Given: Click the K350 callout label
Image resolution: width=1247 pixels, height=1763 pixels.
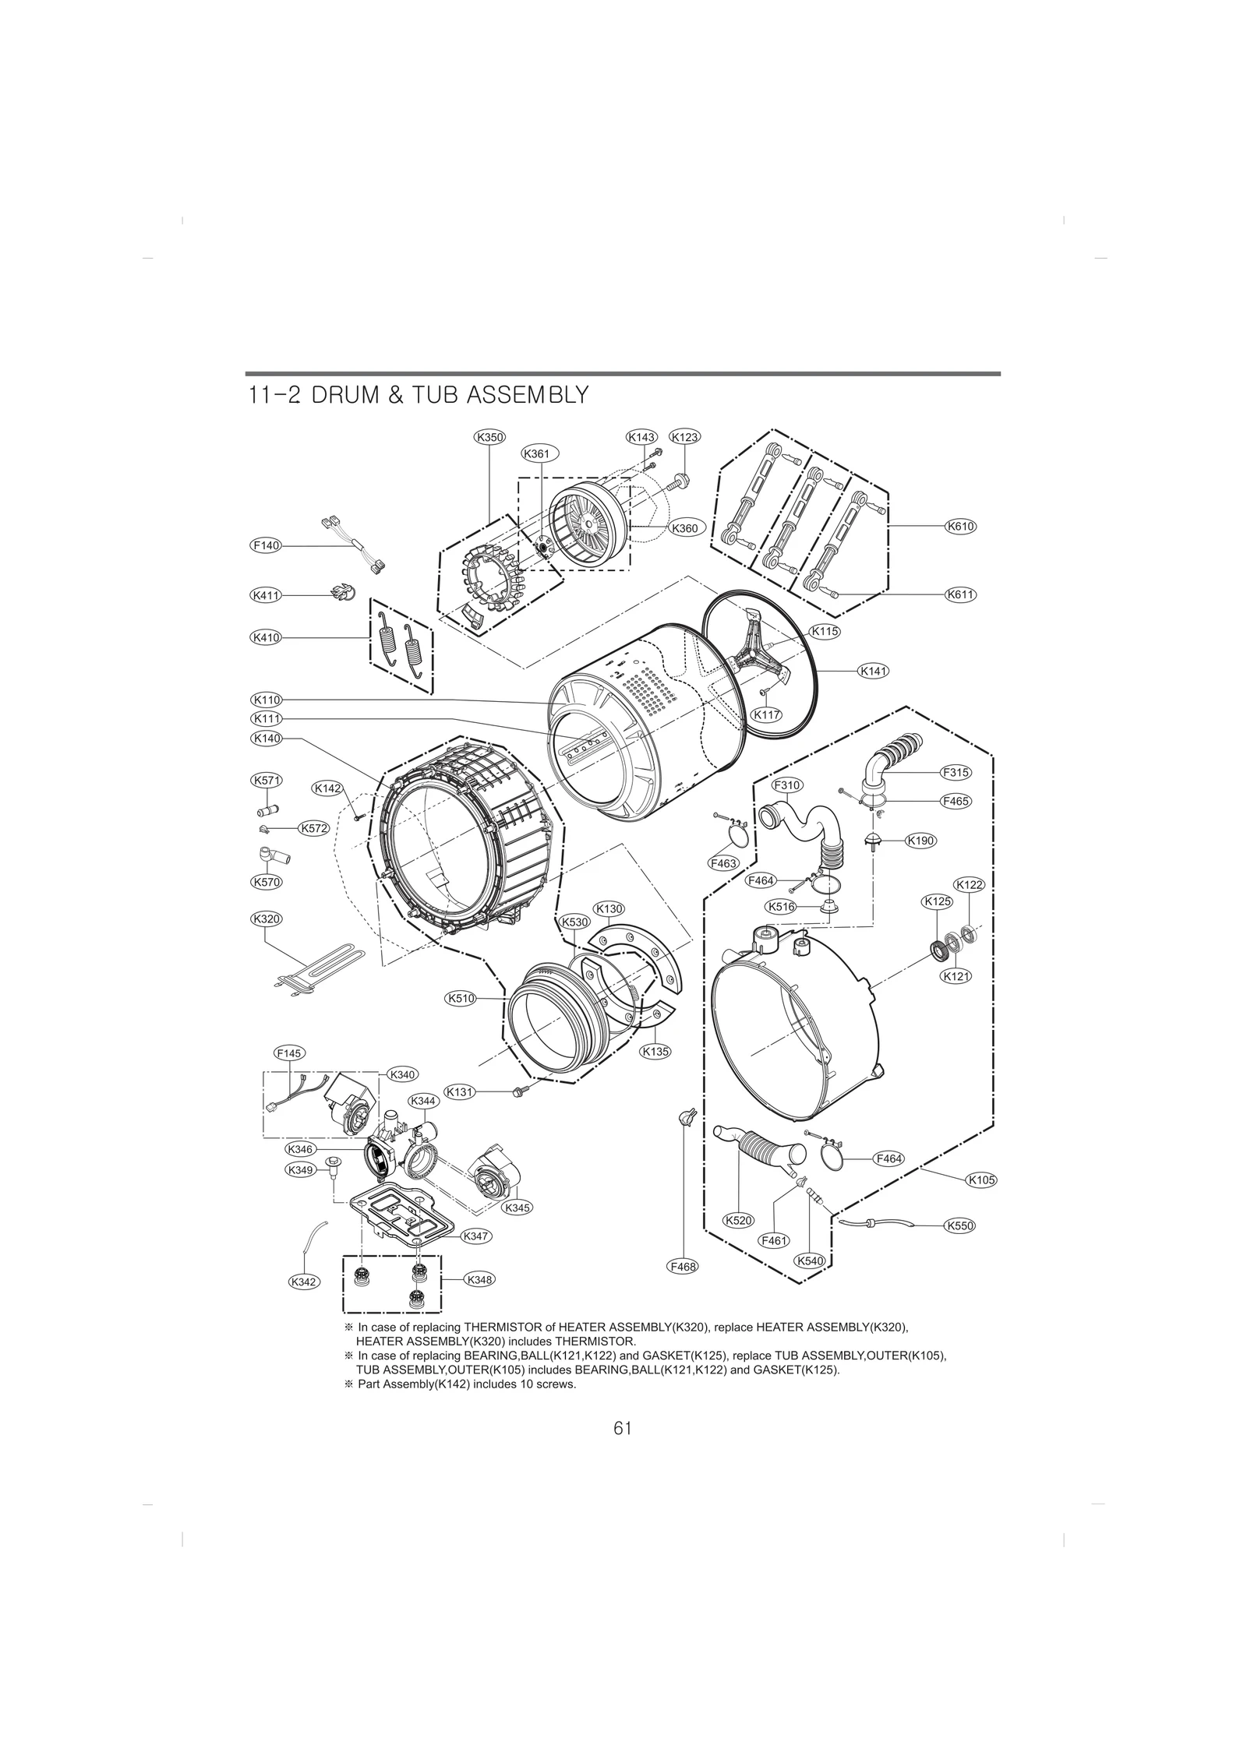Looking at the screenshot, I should (489, 437).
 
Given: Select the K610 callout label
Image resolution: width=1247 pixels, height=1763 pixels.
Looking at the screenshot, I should (960, 526).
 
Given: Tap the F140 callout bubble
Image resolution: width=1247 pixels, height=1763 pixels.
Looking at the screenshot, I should (265, 545).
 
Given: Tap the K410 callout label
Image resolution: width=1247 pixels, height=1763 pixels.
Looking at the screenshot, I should (265, 637).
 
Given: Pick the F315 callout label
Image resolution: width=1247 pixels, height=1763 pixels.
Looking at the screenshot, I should (955, 772).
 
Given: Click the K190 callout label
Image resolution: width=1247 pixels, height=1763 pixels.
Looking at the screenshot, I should (920, 841).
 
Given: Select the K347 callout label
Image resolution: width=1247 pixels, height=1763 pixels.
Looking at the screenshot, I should (475, 1257).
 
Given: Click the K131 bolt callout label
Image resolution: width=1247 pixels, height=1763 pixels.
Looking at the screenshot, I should (460, 1092).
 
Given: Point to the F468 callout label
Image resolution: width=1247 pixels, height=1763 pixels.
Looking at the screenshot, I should (683, 1289).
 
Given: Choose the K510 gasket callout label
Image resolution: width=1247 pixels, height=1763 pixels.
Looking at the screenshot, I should (461, 998).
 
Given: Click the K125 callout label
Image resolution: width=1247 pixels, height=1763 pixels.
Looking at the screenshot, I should (937, 901).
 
